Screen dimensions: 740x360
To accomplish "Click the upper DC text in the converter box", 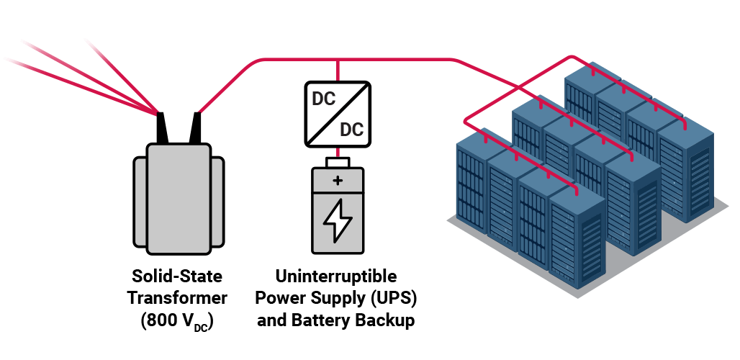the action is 324,99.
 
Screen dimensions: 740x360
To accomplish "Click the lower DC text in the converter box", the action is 351,129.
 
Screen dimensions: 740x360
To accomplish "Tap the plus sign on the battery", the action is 338,180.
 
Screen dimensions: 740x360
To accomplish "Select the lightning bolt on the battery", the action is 338,220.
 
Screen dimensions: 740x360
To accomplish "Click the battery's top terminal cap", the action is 338,163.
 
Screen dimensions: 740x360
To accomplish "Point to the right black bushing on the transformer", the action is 195,127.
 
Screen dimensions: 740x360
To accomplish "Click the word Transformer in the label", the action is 178,298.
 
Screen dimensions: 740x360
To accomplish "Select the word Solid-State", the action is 177,276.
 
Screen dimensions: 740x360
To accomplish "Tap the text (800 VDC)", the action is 177,321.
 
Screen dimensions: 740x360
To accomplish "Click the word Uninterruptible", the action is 336,276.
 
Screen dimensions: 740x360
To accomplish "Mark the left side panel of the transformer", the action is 140,202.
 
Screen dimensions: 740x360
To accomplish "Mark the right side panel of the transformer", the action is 217,202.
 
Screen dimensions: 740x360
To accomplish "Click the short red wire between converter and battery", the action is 338,153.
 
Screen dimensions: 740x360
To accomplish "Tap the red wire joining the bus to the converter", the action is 338,71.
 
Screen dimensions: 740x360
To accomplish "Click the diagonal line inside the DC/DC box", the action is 338,114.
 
